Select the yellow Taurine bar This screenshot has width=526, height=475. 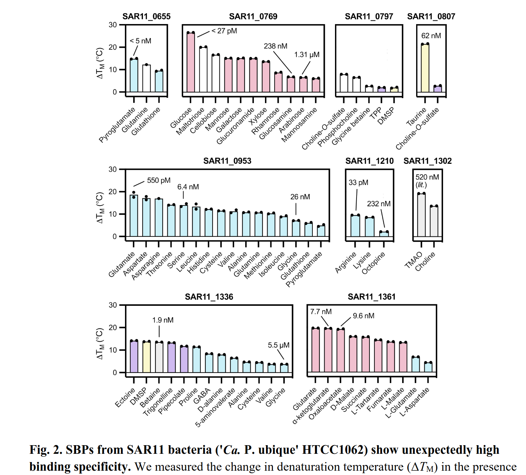pos(425,68)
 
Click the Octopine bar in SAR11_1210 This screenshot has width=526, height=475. pos(384,234)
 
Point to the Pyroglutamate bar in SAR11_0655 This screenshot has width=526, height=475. pos(134,75)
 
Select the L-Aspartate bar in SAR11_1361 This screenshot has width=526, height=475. pos(428,367)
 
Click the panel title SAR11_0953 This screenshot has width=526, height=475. pos(227,161)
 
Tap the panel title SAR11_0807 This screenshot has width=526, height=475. pos(431,17)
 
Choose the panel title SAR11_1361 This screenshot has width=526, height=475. pos(371,297)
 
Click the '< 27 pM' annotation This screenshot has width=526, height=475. pos(224,31)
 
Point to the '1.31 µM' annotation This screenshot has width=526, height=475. pos(307,55)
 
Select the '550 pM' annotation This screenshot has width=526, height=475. pos(159,180)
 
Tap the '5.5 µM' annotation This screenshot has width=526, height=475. pos(278,345)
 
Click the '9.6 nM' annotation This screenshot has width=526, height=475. pos(363,316)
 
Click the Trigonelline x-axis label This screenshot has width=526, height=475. pos(158,402)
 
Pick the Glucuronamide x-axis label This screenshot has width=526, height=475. pos(235,126)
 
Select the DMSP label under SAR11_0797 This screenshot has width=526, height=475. pos(386,116)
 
